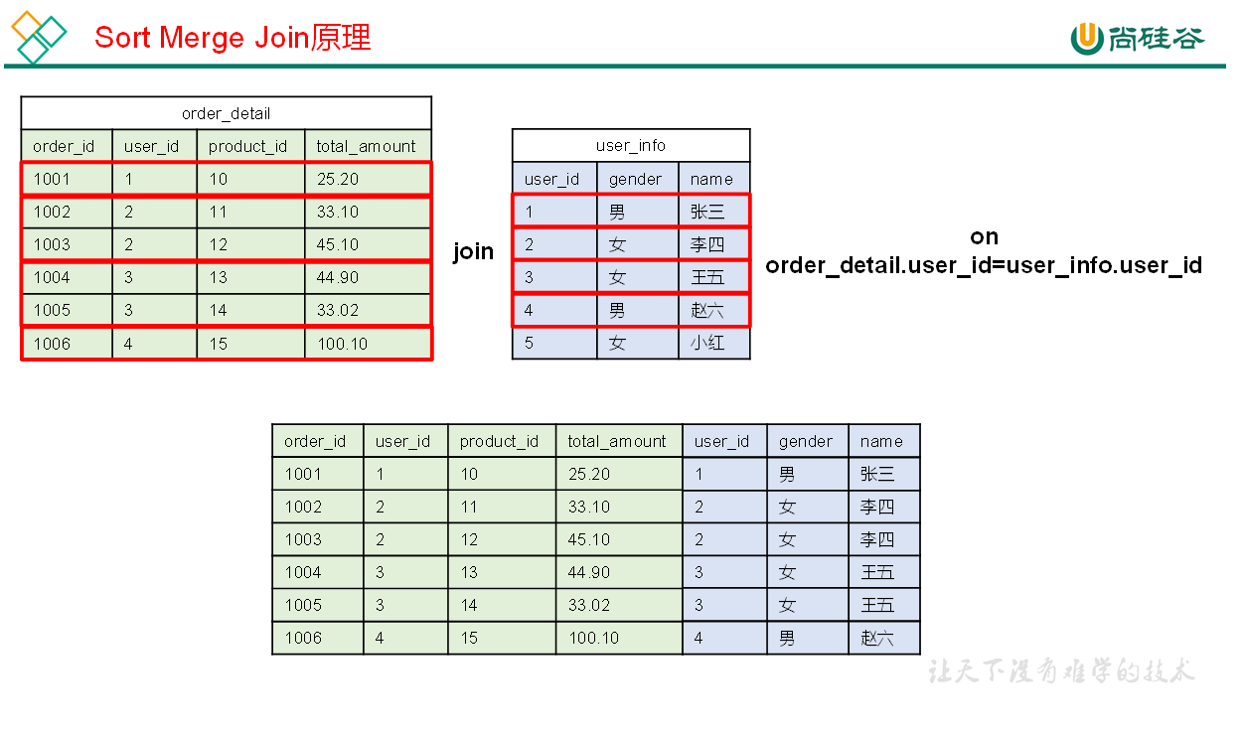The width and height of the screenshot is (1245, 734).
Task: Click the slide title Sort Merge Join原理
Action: [x=233, y=38]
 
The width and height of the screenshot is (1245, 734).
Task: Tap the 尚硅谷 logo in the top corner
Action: [x=1138, y=38]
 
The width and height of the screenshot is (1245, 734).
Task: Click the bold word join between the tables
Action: [x=473, y=251]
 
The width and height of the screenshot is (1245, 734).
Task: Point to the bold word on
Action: [x=984, y=236]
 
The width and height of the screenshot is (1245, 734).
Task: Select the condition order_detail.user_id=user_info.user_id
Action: [x=984, y=265]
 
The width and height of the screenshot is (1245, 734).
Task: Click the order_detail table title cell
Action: [x=227, y=113]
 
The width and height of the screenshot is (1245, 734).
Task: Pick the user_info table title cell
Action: [x=631, y=145]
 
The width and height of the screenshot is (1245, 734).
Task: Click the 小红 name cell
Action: [x=707, y=344]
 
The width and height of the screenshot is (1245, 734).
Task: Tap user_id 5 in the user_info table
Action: [x=530, y=344]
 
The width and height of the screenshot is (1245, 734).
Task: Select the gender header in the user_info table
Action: [x=636, y=179]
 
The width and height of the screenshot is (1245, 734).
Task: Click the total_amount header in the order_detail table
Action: [x=367, y=146]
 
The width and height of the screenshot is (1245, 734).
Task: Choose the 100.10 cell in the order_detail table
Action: [x=342, y=344]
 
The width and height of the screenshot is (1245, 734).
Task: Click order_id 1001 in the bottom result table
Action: [x=303, y=474]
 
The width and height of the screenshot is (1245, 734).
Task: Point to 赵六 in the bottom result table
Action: [x=877, y=639]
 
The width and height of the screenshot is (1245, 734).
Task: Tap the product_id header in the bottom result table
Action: [x=500, y=441]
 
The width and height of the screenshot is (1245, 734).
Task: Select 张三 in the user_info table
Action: [x=707, y=212]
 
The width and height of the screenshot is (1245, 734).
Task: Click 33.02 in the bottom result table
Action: [x=589, y=605]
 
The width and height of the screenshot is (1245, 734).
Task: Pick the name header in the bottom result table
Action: [x=882, y=441]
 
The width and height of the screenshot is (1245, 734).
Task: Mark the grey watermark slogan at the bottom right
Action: [x=1061, y=671]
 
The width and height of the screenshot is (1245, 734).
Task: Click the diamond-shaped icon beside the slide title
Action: [x=38, y=37]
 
